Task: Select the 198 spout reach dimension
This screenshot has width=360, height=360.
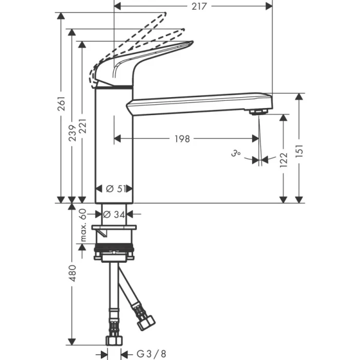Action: click(182, 138)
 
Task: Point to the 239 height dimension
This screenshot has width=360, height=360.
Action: click(73, 131)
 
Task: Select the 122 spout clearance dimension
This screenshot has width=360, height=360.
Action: click(283, 158)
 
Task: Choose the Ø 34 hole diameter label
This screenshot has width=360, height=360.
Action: click(115, 214)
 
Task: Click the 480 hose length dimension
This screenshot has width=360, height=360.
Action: click(73, 273)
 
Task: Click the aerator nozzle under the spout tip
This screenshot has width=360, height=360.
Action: click(257, 112)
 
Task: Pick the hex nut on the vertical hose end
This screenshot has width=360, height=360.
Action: click(114, 339)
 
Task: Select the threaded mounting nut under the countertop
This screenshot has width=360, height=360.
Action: click(115, 253)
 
